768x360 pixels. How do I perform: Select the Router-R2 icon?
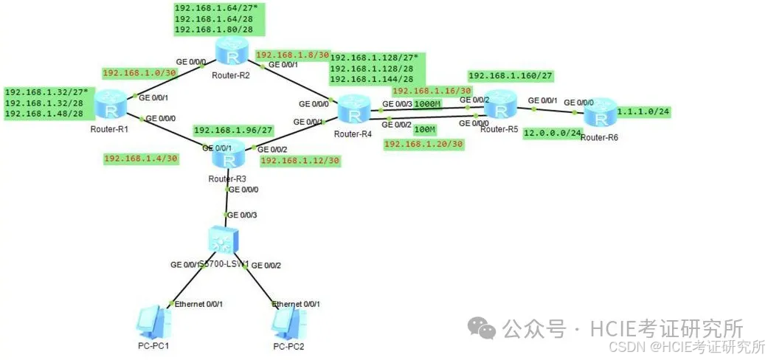[232, 52]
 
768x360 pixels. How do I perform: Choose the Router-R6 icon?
[599, 114]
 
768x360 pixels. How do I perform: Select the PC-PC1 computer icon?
[153, 323]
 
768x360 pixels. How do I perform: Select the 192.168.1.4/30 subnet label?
[141, 158]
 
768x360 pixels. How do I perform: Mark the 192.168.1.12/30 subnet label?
[300, 160]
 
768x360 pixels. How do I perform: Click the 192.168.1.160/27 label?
[511, 75]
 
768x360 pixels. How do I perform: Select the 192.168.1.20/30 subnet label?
[423, 144]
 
